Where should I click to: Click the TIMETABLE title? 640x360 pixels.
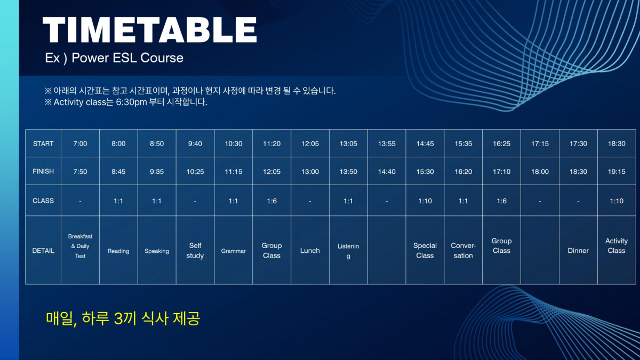point(149,30)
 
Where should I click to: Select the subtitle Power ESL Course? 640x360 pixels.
point(127,58)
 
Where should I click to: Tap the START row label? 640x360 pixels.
point(43,143)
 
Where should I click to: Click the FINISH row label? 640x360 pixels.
point(43,171)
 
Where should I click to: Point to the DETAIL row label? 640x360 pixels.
point(43,251)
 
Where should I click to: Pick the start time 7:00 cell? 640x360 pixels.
point(81,143)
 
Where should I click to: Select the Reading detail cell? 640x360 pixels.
point(118,251)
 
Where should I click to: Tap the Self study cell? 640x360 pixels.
point(195,251)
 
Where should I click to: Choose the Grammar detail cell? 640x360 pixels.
point(234,251)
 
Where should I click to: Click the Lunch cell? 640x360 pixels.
point(310,251)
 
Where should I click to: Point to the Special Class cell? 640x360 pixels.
point(425,251)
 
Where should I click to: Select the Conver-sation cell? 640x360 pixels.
point(463,251)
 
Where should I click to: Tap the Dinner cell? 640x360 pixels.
point(578,251)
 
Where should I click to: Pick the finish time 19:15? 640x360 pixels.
point(617,172)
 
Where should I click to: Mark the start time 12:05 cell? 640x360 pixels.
point(310,143)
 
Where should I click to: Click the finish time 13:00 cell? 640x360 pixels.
point(310,172)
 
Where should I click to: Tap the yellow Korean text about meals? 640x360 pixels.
point(123,318)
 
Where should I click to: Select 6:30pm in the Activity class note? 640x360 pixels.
point(131,102)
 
